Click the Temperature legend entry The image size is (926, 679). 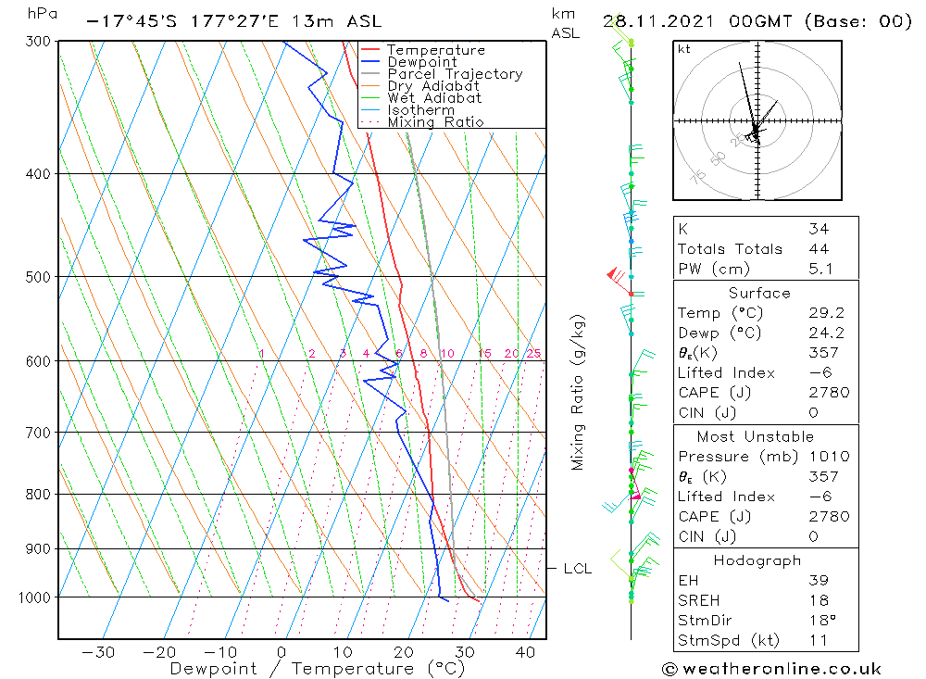(x=435, y=50)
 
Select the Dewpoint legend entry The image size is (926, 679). (x=422, y=62)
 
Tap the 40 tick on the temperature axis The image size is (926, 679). (x=526, y=652)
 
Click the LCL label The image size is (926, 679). (x=577, y=569)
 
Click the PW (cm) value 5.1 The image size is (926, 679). (x=820, y=269)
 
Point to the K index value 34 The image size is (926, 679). (x=818, y=229)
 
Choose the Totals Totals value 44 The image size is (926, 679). (x=818, y=248)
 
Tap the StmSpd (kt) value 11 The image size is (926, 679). (x=818, y=640)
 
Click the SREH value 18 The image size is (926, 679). (x=818, y=600)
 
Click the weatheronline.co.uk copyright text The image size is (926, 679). (x=771, y=669)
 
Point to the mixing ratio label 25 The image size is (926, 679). (x=533, y=354)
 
